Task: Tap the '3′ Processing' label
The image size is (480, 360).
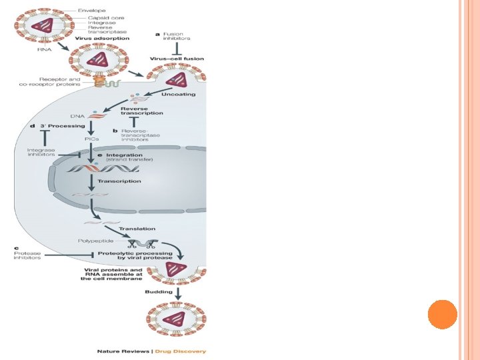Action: pos(67,126)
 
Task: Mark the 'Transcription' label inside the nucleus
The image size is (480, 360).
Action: pos(119,181)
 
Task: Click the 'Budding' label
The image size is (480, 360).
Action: pos(159,291)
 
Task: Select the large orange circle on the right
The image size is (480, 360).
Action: pos(442,314)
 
